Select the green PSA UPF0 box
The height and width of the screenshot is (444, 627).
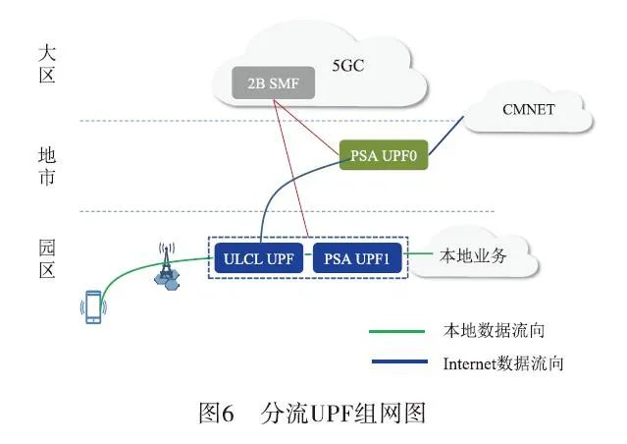tap(384, 155)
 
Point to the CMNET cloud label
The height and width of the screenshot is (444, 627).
tap(530, 108)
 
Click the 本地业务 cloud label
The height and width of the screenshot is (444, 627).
tap(475, 256)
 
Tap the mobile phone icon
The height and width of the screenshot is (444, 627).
tap(91, 307)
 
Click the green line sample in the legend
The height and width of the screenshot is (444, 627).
tap(397, 331)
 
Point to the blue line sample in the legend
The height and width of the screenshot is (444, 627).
tap(397, 363)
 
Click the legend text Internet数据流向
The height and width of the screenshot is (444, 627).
tap(503, 363)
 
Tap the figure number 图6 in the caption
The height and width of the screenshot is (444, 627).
tap(216, 414)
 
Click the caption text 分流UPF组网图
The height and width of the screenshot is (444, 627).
tap(343, 414)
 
